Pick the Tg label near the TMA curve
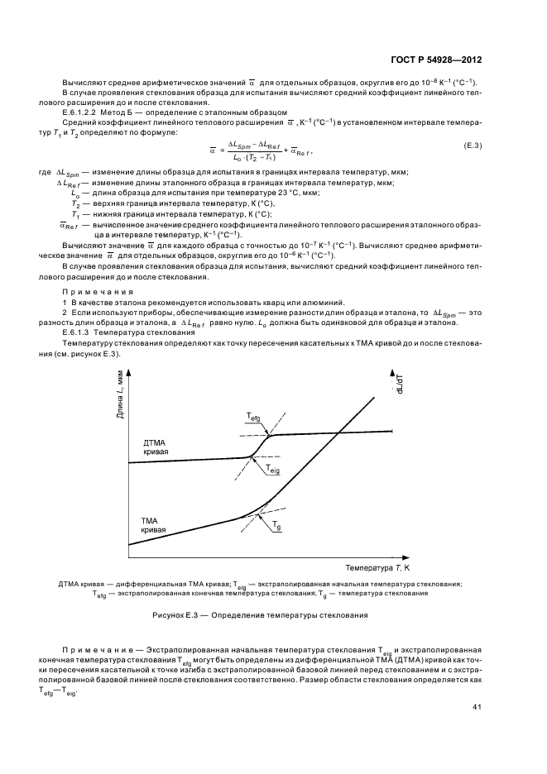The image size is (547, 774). point(276,526)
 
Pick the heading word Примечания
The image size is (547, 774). point(89,293)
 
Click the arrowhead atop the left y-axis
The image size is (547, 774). point(129,369)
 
